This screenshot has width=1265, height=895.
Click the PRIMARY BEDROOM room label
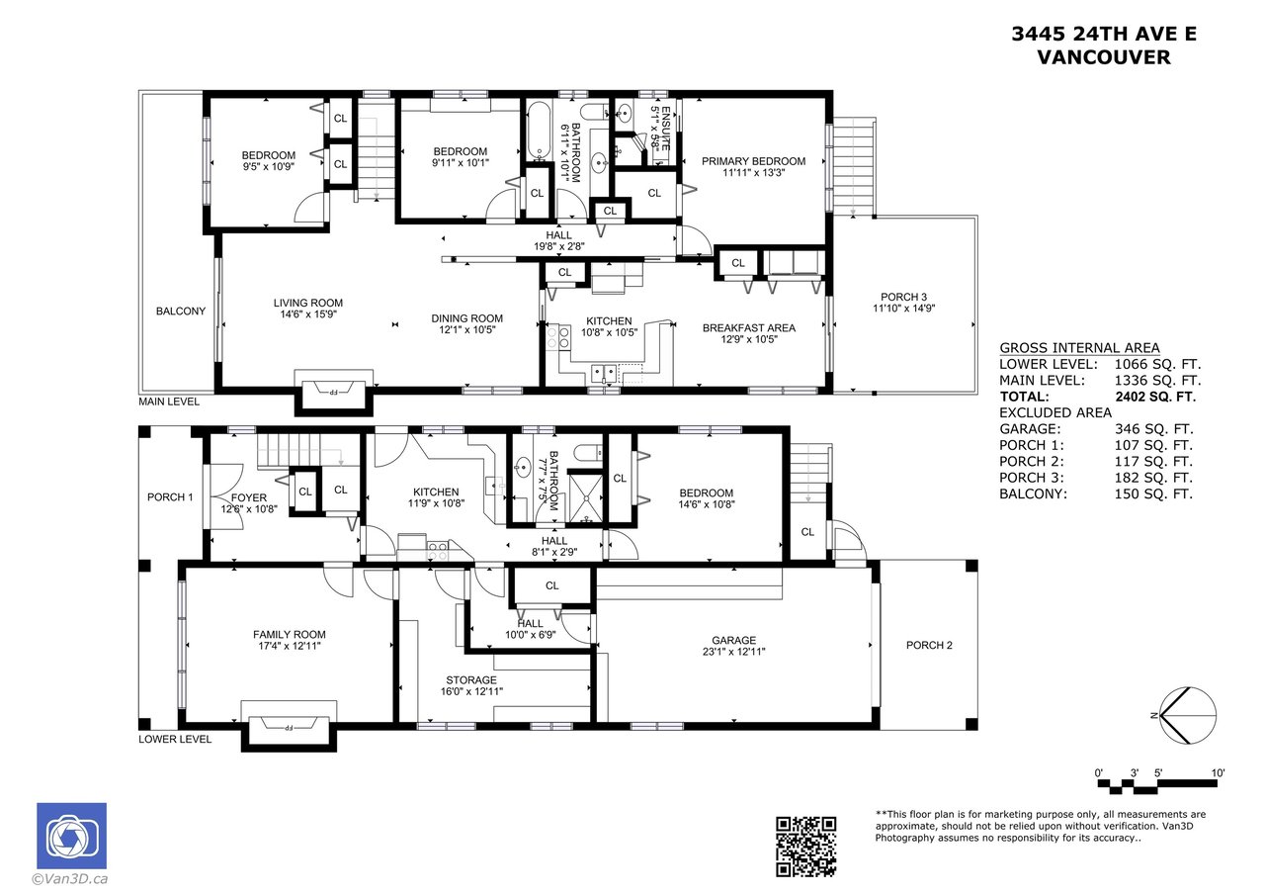coord(753,161)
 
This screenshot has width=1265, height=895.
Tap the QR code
coord(805,847)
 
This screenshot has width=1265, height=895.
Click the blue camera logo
coord(72,836)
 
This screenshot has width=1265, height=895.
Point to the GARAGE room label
coord(733,640)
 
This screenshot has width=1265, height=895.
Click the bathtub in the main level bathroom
coord(539,131)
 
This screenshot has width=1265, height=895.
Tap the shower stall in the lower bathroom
coord(585,498)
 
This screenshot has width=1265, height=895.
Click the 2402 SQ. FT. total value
coord(1155,397)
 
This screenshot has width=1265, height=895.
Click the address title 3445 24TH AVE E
coord(1104,35)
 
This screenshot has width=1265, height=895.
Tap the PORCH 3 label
coord(903,297)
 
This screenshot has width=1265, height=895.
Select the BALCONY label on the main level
coord(181,312)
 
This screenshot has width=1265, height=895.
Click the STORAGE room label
coord(471,680)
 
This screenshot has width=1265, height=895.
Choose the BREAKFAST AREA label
coord(749,327)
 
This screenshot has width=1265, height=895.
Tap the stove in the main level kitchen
coord(557,337)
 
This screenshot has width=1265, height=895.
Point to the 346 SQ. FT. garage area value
coord(1153,429)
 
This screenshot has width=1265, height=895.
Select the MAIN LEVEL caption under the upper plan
coord(169,402)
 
